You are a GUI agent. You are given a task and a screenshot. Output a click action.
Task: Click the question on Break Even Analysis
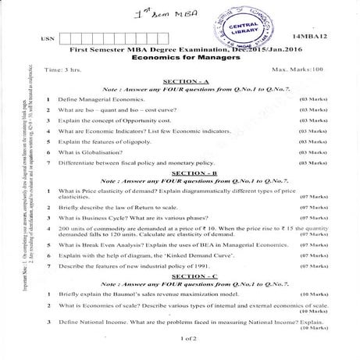(x=164, y=244)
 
